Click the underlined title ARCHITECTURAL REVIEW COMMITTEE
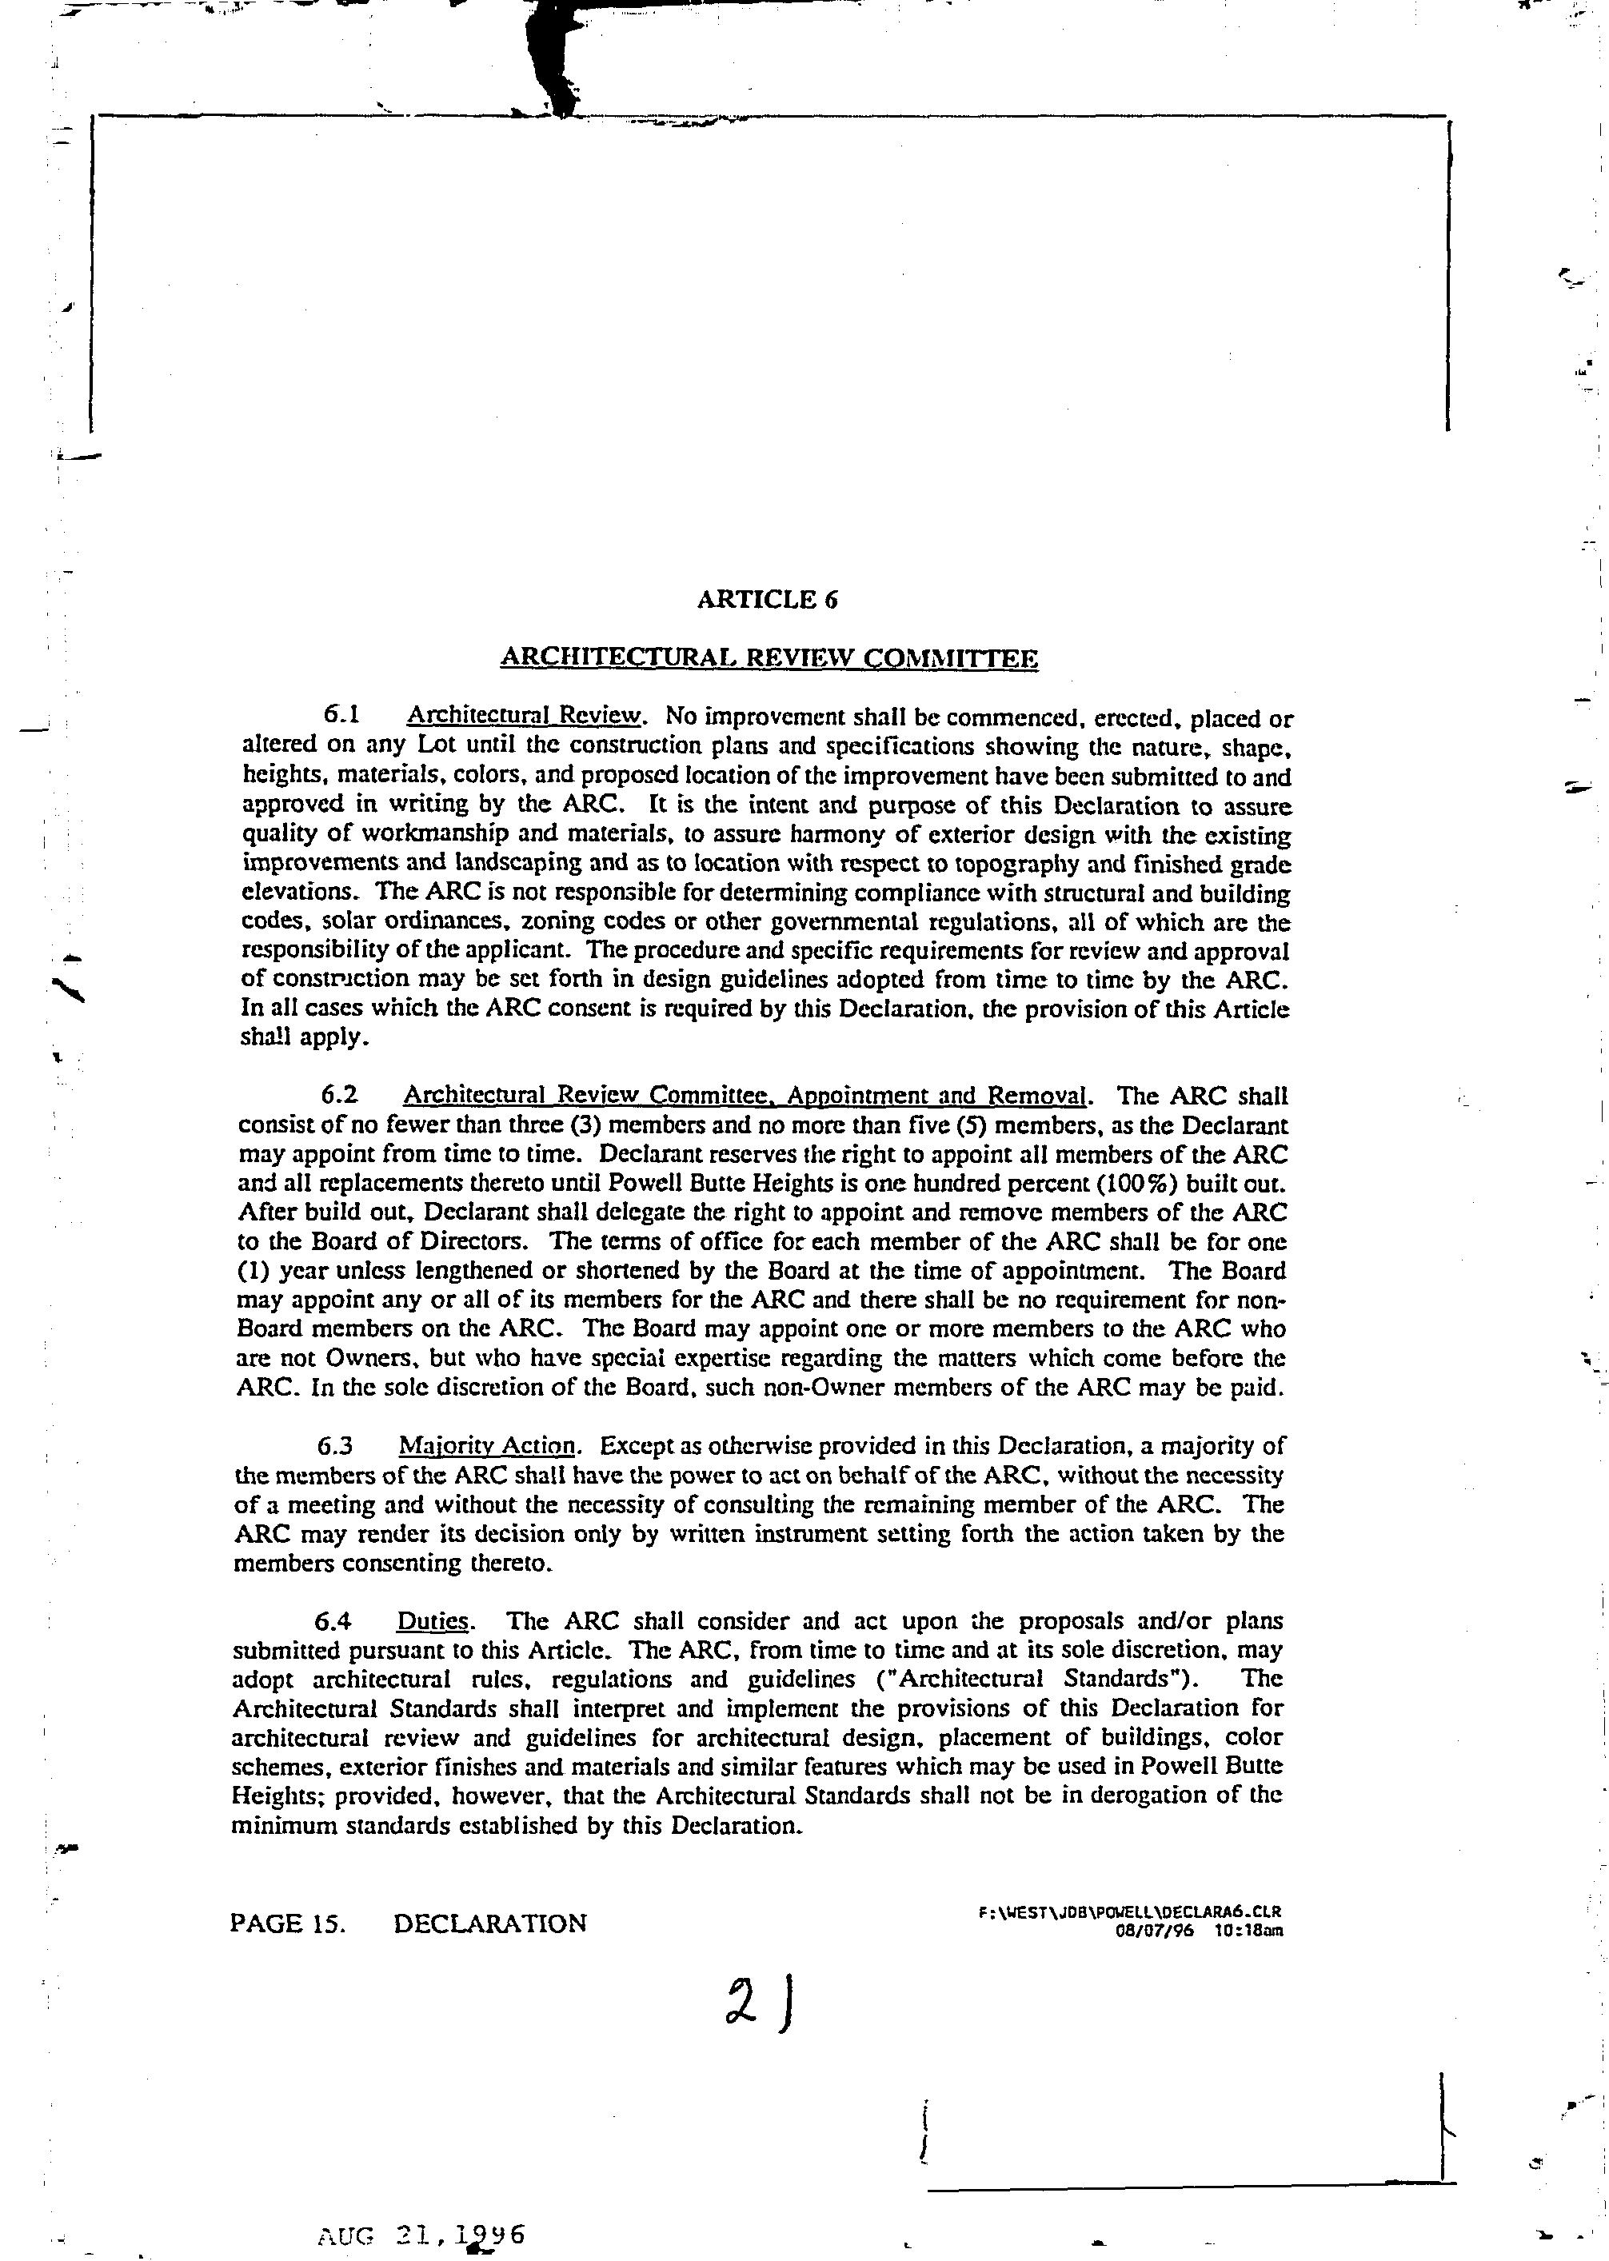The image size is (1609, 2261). point(769,658)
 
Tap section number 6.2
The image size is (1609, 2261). point(339,1095)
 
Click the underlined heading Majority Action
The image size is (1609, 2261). point(488,1445)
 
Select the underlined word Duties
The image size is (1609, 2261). point(433,1621)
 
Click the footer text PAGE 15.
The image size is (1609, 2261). point(287,1923)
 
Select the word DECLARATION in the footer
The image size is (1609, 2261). point(489,1923)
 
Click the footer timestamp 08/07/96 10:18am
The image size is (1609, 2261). point(1199,1930)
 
